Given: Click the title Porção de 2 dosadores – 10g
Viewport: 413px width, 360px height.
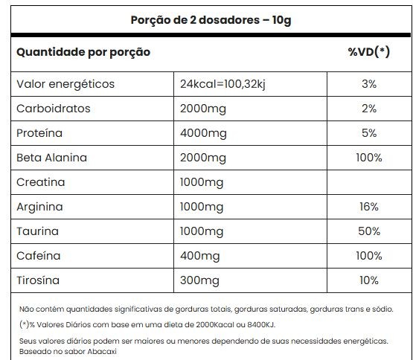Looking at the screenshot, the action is click(x=211, y=20).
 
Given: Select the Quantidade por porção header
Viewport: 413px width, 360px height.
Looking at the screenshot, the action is click(x=83, y=52).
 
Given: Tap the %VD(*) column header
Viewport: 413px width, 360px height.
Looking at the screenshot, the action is click(x=369, y=52).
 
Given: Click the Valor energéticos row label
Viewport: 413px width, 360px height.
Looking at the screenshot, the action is click(x=65, y=85).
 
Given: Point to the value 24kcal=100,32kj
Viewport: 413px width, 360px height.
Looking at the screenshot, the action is click(x=222, y=84).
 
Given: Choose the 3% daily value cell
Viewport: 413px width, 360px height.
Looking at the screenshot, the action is click(x=369, y=84).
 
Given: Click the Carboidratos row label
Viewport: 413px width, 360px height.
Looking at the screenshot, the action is click(x=53, y=109).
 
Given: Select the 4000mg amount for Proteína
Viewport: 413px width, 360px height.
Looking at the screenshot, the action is click(x=203, y=134).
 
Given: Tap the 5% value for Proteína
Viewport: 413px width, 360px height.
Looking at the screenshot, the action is click(x=369, y=133).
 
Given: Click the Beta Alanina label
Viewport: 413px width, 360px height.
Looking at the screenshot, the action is click(x=51, y=158).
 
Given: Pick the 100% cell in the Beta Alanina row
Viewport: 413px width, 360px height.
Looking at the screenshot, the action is click(x=369, y=158).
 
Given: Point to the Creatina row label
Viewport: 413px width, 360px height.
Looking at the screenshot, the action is click(x=41, y=182).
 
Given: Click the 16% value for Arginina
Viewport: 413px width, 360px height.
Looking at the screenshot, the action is click(x=369, y=207).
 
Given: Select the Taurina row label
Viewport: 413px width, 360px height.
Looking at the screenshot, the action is click(x=37, y=231).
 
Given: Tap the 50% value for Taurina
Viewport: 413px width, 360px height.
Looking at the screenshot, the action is click(x=369, y=231).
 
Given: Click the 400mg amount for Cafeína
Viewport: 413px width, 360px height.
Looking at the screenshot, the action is click(x=200, y=257).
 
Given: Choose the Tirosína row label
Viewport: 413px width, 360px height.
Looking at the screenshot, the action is click(x=38, y=280).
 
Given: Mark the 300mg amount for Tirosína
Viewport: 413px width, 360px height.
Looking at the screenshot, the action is click(x=199, y=280).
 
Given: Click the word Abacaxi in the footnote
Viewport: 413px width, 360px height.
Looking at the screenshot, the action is click(x=102, y=352).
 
